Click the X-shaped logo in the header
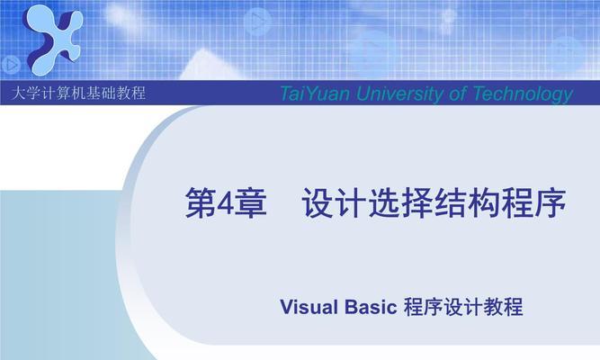click(53, 40)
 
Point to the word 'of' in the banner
click(457, 94)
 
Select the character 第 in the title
click(201, 203)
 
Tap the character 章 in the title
click(250, 203)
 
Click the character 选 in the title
click(384, 203)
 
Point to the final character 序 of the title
click(551, 203)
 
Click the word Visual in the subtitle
click(309, 307)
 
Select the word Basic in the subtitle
click(371, 307)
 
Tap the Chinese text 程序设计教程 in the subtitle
click(463, 307)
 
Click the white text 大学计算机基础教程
click(79, 93)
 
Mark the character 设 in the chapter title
click(318, 203)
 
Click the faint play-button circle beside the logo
click(11, 65)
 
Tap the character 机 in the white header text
click(79, 93)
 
